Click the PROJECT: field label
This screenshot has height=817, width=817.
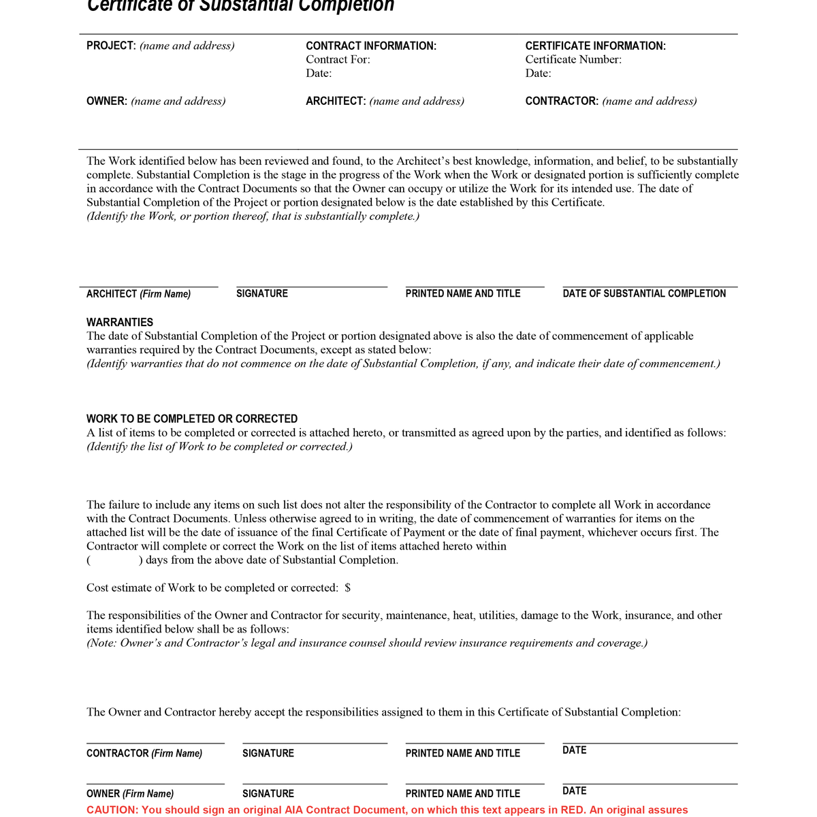tap(111, 46)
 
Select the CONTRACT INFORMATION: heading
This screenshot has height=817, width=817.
tap(371, 46)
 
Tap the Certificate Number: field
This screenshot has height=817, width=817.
tap(573, 59)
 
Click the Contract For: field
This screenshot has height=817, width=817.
tap(338, 59)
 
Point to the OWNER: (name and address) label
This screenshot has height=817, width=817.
tap(156, 101)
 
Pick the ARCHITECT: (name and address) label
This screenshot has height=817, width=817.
tap(385, 101)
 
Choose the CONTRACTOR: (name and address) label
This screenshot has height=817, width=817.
tap(611, 101)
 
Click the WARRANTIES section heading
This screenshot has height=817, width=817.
tap(120, 322)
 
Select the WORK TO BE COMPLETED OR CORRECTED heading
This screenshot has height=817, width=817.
tap(192, 419)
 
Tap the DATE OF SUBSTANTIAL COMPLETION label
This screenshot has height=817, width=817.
tap(644, 293)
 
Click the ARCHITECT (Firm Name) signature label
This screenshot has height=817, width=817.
tap(138, 294)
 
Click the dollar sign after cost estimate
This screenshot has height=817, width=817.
tap(348, 588)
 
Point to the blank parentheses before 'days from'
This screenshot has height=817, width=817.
tap(114, 560)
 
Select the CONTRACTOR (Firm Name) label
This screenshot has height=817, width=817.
tap(144, 753)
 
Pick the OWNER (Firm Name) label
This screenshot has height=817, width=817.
tap(130, 794)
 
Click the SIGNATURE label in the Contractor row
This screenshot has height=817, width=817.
tap(268, 753)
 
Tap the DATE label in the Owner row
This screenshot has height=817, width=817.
tap(574, 790)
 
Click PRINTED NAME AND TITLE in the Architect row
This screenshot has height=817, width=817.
tap(463, 293)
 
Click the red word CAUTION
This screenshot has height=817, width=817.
tap(112, 810)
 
